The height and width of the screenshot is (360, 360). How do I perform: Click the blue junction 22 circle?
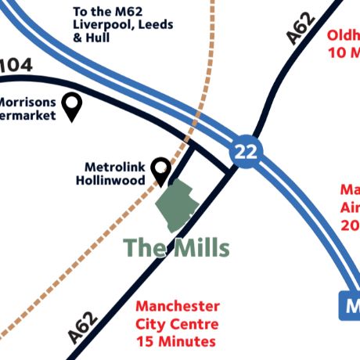coord(245,151)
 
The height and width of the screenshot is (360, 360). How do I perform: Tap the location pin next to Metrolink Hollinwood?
coord(161,169)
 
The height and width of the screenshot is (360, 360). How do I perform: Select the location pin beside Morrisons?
coord(72,105)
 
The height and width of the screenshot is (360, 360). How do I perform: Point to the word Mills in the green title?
coord(198,248)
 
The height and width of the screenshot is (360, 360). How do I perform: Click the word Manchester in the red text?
coord(178,306)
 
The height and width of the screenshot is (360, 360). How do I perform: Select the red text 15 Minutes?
coord(175,342)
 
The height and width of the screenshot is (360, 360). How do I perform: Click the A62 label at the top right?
coord(301,29)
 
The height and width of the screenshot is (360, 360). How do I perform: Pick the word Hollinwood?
coord(110,180)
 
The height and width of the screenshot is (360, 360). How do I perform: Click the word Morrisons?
coord(27,102)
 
